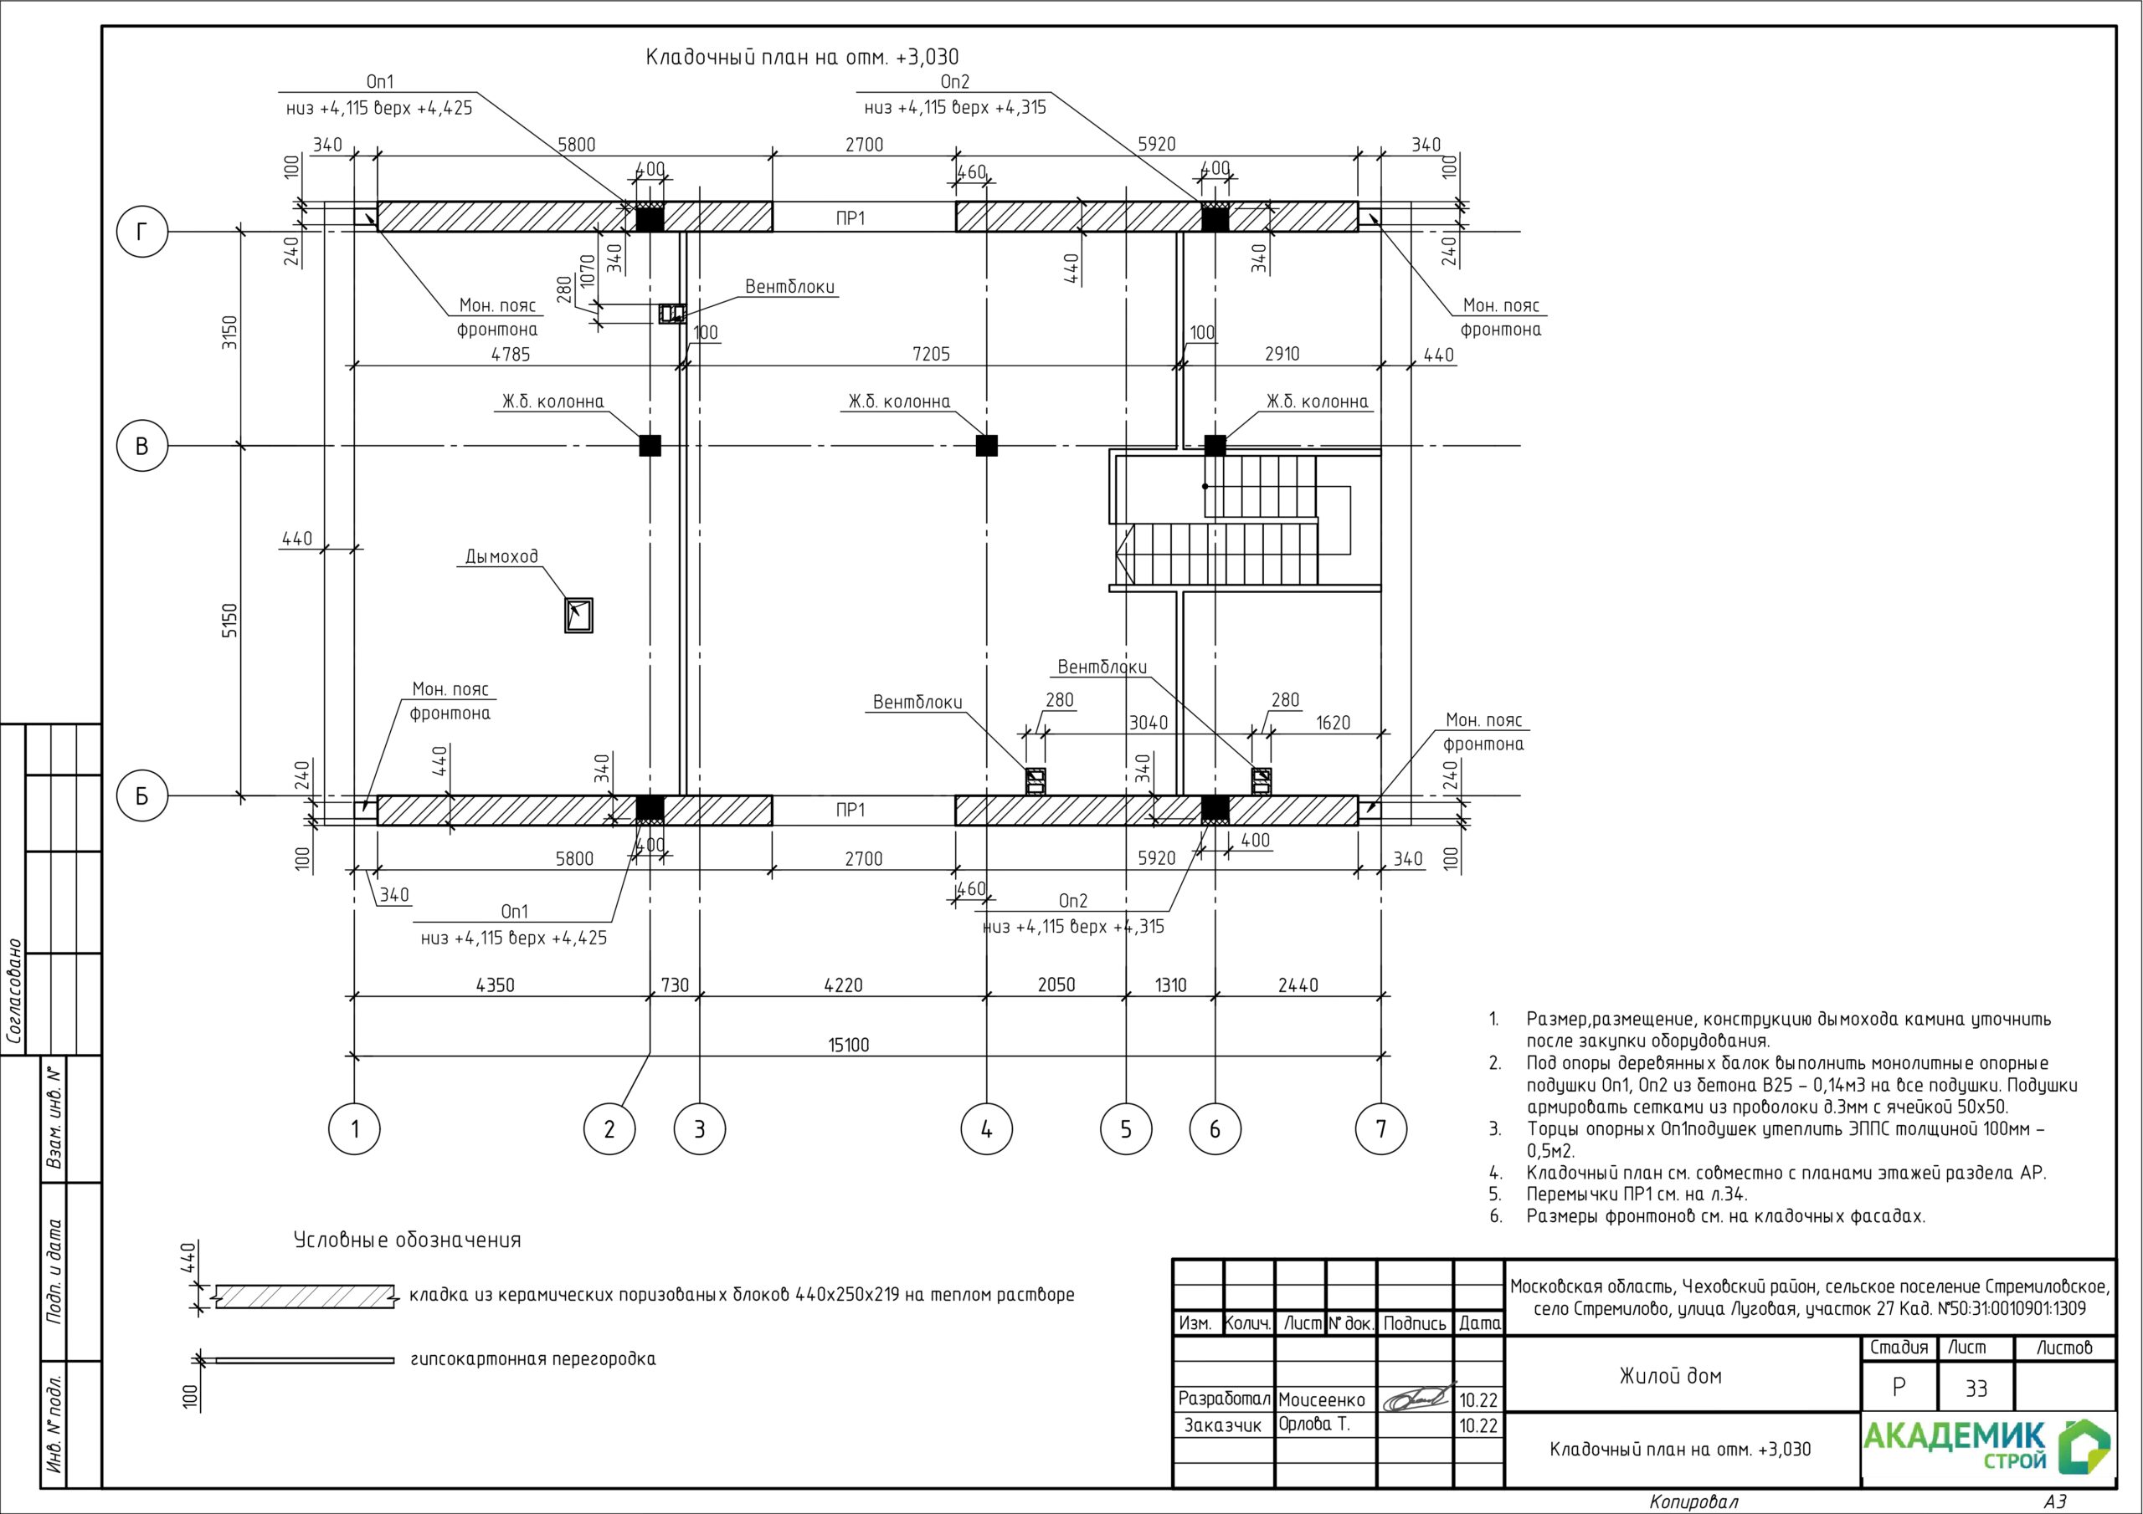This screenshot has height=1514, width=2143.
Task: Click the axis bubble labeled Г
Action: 141,232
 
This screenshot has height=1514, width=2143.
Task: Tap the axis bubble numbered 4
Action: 987,1128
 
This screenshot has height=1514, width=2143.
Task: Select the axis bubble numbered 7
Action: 1381,1128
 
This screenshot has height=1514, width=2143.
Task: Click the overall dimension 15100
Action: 849,1045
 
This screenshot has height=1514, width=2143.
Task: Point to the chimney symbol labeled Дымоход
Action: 578,616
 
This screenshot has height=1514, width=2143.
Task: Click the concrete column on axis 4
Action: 987,446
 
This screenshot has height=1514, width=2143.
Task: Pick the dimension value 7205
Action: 931,355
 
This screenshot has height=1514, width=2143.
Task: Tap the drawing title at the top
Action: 802,58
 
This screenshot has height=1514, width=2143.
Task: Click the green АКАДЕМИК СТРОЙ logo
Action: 1987,1447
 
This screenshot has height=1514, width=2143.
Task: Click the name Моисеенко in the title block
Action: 1322,1399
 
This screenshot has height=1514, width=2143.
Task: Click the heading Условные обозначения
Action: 407,1240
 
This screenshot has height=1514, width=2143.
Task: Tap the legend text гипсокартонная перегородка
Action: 533,1359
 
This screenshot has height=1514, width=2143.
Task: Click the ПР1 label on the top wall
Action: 851,218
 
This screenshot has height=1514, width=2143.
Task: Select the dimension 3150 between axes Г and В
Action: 230,333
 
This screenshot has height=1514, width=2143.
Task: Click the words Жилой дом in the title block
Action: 1671,1376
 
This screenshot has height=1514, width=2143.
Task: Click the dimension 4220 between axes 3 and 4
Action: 843,985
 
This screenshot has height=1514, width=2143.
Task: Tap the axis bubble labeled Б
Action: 141,795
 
